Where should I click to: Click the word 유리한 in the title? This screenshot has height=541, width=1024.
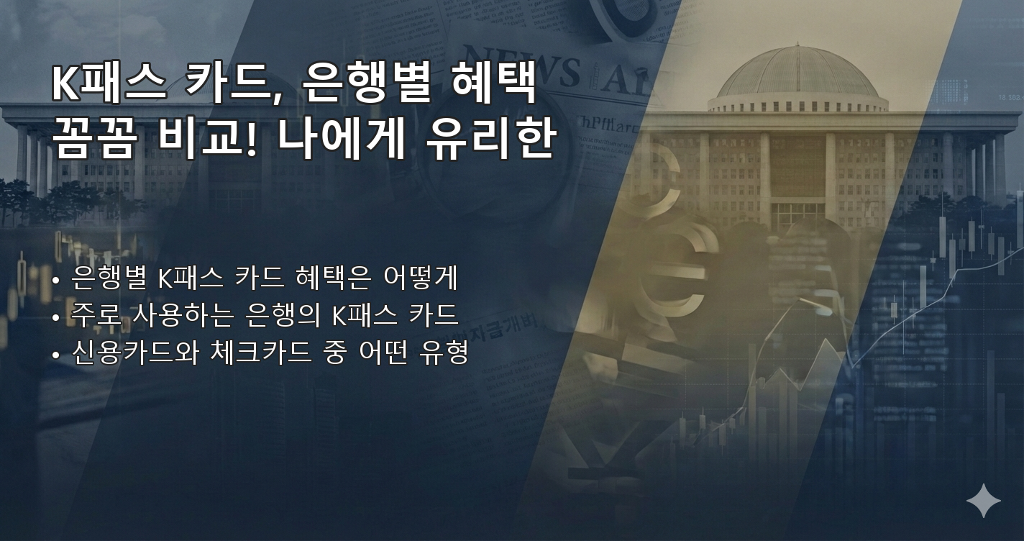pos(489,140)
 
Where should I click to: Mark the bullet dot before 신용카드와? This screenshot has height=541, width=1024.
pos(56,355)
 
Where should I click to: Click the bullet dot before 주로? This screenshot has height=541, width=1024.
pos(56,317)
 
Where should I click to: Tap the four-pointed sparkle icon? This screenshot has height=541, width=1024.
pos(983,501)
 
